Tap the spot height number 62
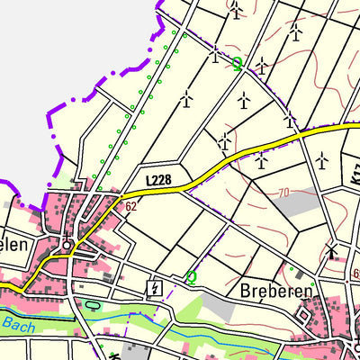[131, 206]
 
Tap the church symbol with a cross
[66, 243]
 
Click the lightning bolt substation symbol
[154, 288]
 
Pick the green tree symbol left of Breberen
[191, 278]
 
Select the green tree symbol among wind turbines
[238, 64]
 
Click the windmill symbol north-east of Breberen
[334, 249]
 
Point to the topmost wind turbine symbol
[236, 10]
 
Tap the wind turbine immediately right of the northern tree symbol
[261, 65]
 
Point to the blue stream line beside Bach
[54, 329]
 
